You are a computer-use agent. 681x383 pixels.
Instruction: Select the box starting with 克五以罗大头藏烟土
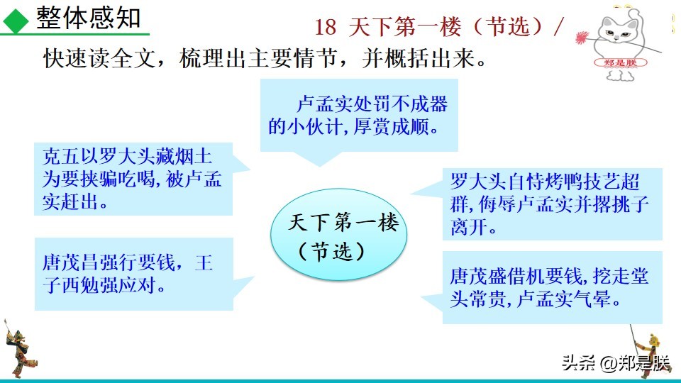(x=133, y=178)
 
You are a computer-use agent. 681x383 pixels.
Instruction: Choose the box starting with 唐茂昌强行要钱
(x=133, y=274)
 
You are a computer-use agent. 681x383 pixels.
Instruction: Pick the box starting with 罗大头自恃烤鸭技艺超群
(x=550, y=204)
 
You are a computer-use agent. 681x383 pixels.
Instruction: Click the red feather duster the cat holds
(x=586, y=36)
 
